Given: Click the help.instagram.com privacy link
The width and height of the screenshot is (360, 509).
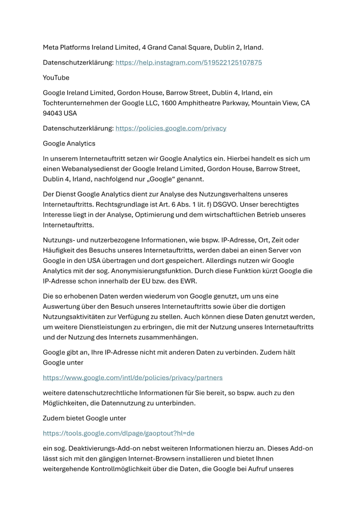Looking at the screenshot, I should pyautogui.click(x=189, y=63).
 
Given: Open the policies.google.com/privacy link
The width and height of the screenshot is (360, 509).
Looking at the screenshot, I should pyautogui.click(x=171, y=128).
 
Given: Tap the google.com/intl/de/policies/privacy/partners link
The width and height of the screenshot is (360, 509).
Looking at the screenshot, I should pyautogui.click(x=132, y=377).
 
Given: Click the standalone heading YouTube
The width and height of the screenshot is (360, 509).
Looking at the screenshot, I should pyautogui.click(x=56, y=77).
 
